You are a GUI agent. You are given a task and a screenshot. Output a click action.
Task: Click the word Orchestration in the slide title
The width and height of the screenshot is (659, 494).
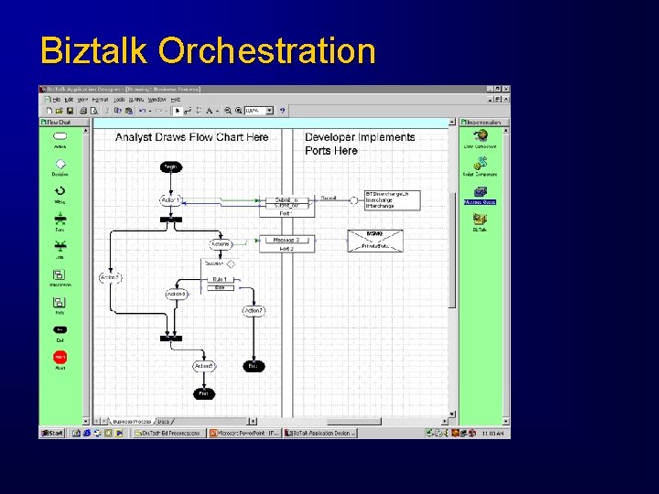tap(266, 50)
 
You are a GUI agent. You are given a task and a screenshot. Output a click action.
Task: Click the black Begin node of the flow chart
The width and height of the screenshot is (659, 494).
tap(170, 166)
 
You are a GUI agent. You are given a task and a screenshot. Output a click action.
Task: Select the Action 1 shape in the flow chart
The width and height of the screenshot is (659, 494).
tap(171, 199)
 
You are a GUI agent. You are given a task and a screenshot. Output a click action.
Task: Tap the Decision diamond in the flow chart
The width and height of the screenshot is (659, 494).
tap(230, 264)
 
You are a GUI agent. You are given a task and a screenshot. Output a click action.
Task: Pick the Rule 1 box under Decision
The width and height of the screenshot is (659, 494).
tap(220, 280)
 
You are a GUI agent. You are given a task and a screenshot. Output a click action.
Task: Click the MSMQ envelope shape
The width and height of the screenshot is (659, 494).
tap(374, 241)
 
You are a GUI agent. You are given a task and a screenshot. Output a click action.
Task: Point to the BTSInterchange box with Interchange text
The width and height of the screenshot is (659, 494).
tap(392, 200)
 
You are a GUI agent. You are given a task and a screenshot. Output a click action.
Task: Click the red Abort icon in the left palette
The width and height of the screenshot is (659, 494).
tap(59, 358)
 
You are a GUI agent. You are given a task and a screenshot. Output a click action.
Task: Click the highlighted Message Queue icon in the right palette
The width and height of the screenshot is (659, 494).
tap(480, 193)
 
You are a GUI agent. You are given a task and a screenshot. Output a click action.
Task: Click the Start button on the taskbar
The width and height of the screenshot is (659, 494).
tap(51, 433)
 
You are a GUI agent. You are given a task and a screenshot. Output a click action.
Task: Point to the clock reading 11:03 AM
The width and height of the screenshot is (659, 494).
tap(494, 433)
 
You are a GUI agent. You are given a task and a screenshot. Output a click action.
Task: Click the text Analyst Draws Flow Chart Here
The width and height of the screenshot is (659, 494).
tap(191, 137)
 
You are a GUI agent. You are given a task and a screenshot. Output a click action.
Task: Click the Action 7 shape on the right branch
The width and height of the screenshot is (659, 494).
tap(254, 311)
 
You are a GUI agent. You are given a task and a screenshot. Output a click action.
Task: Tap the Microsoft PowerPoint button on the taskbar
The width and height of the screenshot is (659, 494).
tap(244, 433)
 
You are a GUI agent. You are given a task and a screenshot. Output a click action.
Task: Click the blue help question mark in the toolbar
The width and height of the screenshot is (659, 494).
tap(283, 111)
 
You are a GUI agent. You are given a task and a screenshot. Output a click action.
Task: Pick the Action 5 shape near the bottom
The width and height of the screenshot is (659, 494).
tap(204, 366)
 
